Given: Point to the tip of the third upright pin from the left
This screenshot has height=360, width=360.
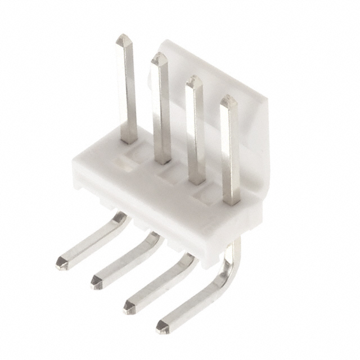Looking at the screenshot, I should (x=194, y=80).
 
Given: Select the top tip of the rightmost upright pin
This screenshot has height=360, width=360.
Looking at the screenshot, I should (x=228, y=100).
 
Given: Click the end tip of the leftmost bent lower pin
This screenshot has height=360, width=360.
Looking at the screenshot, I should (x=61, y=262).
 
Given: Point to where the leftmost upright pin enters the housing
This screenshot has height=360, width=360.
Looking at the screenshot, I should (x=129, y=139).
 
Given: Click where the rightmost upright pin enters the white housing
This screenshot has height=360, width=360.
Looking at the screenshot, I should (x=231, y=200).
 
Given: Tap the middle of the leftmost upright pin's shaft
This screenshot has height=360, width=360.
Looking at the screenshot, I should (x=127, y=90).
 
